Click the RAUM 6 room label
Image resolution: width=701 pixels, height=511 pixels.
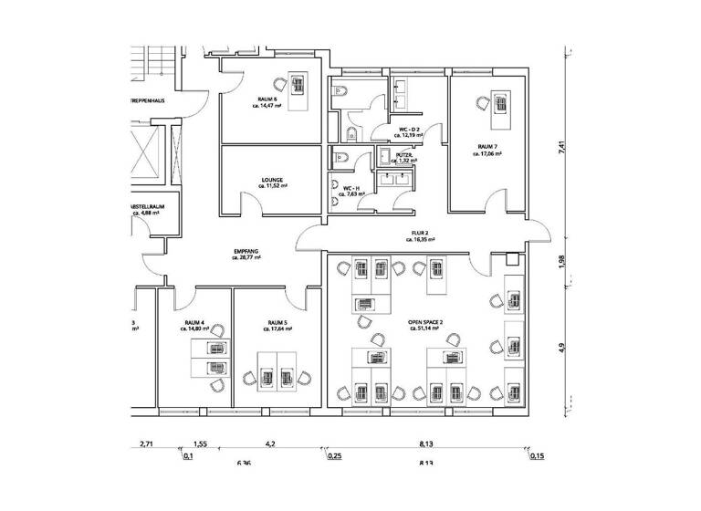(267, 100)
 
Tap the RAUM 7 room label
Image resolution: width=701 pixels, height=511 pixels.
(487, 147)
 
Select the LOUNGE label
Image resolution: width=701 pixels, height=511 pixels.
(271, 180)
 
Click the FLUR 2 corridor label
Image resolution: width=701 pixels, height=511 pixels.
(420, 234)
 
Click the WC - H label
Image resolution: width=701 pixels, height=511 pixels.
(351, 187)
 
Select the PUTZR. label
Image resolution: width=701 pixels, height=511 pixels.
(404, 155)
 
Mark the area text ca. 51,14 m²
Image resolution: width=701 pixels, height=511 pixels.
(425, 329)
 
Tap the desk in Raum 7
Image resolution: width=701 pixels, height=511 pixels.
(500, 109)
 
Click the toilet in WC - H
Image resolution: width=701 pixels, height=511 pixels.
(339, 157)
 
